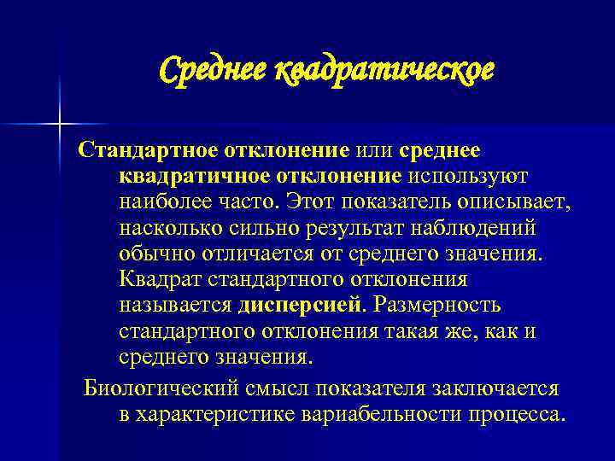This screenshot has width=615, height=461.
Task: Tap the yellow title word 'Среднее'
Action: click(211, 69)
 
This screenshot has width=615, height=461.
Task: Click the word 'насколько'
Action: click(171, 228)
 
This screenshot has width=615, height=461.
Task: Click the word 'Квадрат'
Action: click(157, 279)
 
